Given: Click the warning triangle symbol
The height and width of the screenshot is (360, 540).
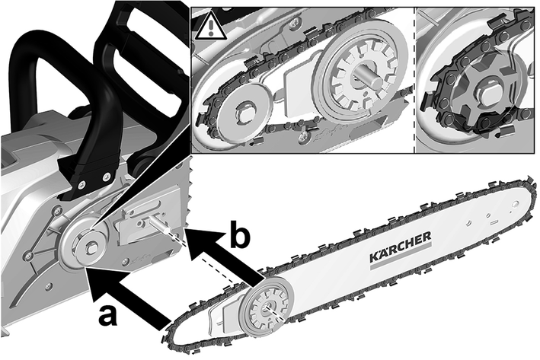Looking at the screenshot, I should point(206,29).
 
